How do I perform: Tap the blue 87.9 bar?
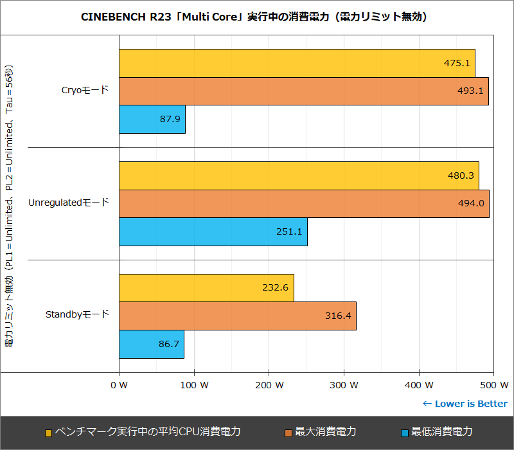pos(152,120)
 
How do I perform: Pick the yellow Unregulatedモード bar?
pos(299,175)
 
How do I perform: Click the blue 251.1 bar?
pos(213,231)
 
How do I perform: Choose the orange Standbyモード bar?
pos(237,316)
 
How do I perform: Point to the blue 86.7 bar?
pos(152,345)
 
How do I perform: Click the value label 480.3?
pos(459,175)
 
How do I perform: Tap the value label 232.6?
pos(274,288)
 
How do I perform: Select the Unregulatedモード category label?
pos(69,203)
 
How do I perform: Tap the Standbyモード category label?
pos(77,315)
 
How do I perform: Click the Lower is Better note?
pos(465,404)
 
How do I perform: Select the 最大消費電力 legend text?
pos(325,431)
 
